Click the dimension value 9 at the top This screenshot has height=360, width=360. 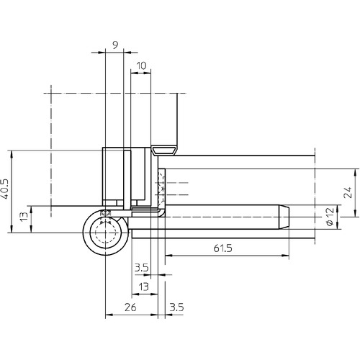[x=115, y=45]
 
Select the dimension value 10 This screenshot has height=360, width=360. [x=141, y=66]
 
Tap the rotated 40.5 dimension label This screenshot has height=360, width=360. [x=5, y=189]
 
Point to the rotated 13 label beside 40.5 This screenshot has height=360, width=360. [x=24, y=217]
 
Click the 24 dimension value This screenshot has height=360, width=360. [x=348, y=192]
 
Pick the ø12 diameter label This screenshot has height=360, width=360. [x=330, y=217]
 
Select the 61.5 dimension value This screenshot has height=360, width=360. [x=223, y=248]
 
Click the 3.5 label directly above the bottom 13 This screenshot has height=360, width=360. [x=142, y=268]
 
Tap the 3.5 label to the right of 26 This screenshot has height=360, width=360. [x=177, y=307]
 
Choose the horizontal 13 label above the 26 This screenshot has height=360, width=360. [x=144, y=287]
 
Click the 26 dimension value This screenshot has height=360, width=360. [x=130, y=307]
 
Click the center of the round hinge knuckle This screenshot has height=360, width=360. [x=106, y=233]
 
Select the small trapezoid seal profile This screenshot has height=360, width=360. [x=164, y=150]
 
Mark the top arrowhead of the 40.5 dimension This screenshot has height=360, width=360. [x=12, y=154]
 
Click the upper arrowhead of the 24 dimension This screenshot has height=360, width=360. [x=356, y=173]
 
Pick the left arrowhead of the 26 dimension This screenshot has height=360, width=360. [x=109, y=315]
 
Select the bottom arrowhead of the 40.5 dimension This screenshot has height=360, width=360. [x=12, y=229]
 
